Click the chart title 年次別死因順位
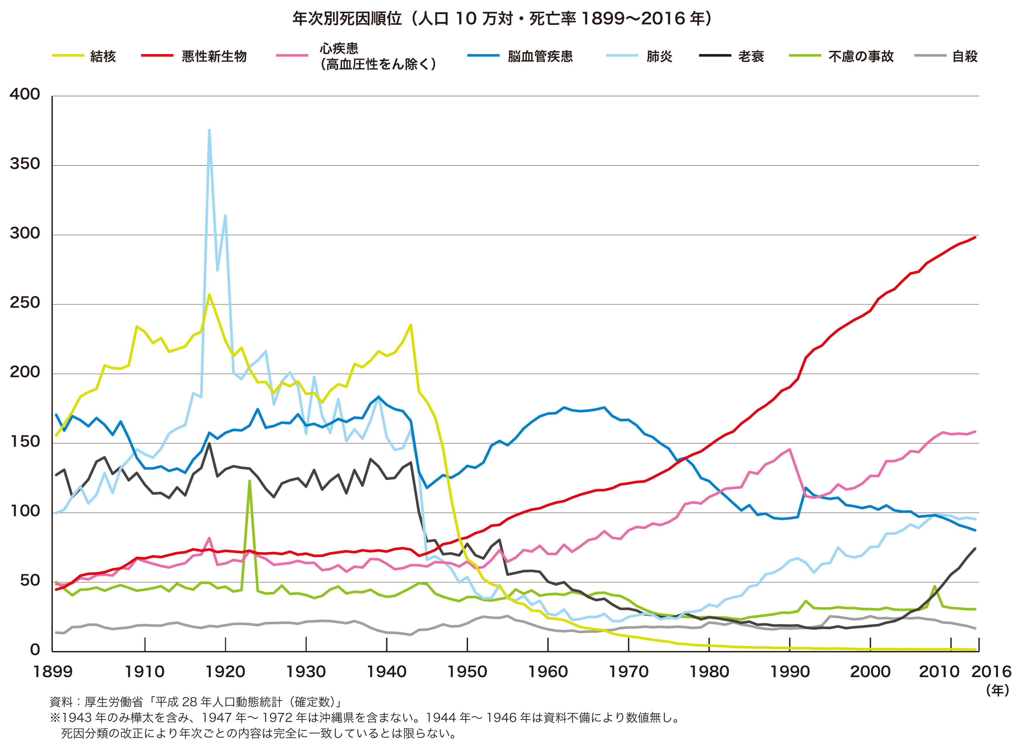coord(502,18)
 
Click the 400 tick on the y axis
coord(25,94)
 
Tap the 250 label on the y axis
coord(25,303)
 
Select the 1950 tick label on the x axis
coord(467,672)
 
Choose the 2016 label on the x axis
coord(991,672)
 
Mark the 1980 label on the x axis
coord(709,672)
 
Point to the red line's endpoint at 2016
coord(975,237)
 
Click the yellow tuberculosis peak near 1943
coord(410,325)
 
